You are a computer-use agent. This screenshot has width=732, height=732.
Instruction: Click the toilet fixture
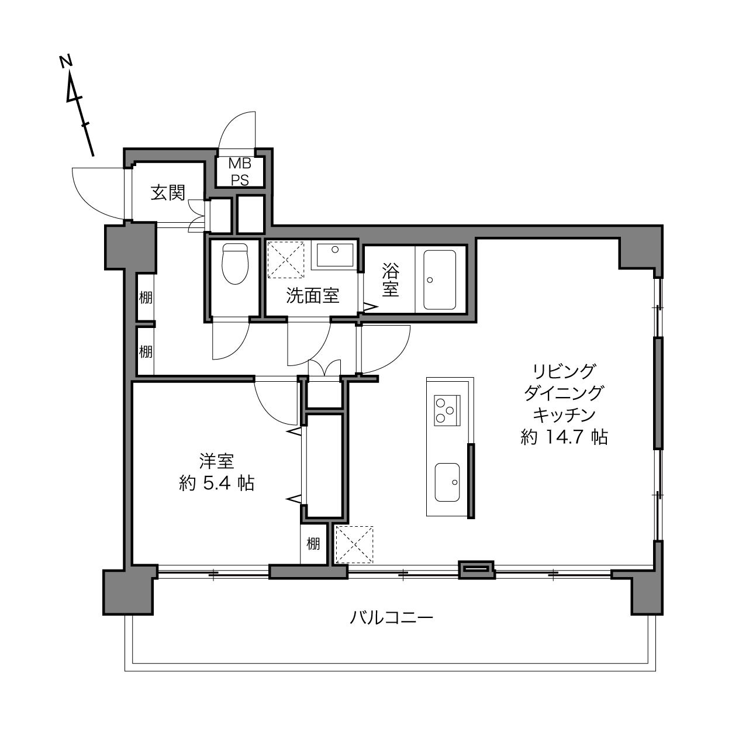[x=235, y=264]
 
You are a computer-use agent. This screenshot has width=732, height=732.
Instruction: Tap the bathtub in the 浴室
[x=440, y=279]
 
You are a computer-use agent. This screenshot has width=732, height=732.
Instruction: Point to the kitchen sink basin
[x=447, y=482]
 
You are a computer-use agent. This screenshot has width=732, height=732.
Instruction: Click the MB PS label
[x=240, y=172]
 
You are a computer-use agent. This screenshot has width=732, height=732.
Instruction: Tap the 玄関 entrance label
[x=168, y=192]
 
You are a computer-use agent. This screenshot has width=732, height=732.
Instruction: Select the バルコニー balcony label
[x=391, y=617]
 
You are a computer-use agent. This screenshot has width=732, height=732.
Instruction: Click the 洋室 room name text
[x=216, y=461]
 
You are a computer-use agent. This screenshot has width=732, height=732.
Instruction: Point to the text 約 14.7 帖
[x=564, y=437]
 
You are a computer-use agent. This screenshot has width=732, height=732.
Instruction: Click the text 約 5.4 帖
[x=216, y=483]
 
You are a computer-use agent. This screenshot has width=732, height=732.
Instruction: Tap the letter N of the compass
[x=66, y=61]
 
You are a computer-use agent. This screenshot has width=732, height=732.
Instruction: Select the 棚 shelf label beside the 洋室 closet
[x=313, y=544]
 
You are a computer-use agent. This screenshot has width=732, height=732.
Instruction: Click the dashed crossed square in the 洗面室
[x=286, y=260]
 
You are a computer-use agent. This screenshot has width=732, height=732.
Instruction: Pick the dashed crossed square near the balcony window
[x=354, y=544]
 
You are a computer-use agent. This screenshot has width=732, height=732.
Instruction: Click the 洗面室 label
[x=313, y=295]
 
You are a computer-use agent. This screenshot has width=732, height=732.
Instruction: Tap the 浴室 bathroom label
[x=391, y=280]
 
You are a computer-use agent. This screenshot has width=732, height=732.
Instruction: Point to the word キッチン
[x=564, y=415]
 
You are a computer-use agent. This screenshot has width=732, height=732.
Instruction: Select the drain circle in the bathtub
[x=430, y=280]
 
